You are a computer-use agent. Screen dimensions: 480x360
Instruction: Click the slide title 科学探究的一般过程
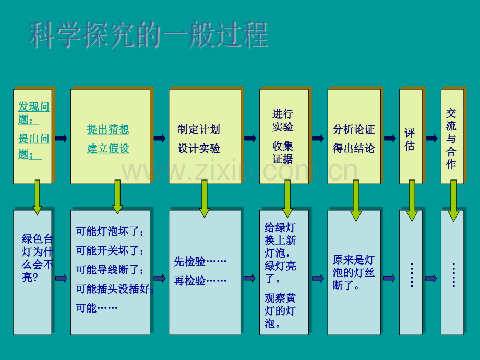tap(149, 34)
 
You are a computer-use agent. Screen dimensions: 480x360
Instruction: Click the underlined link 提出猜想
tap(108, 129)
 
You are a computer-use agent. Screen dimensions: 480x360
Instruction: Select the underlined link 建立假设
tap(108, 149)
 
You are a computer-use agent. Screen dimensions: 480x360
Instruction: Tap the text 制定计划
tap(199, 129)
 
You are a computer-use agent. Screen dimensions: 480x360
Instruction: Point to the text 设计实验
tap(199, 149)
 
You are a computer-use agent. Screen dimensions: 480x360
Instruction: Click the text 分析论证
tap(354, 129)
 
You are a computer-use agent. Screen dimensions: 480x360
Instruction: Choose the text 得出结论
tap(354, 149)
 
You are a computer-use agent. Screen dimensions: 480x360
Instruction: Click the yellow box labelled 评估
tap(411, 136)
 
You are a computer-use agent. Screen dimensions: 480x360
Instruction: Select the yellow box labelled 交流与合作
tap(452, 136)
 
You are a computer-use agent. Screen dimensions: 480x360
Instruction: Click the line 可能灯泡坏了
tap(110, 232)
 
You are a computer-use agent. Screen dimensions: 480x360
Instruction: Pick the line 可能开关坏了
tap(110, 250)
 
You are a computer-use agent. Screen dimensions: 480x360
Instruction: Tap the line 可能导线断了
tap(110, 270)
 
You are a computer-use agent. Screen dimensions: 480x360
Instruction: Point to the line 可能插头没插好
tap(115, 289)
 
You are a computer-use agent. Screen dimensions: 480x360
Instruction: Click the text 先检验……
tap(200, 261)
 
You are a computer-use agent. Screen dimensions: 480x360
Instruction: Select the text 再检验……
tap(200, 280)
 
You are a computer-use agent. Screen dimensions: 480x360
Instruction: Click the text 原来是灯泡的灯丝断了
tap(354, 272)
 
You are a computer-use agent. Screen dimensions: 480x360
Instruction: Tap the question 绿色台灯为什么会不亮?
tap(38, 258)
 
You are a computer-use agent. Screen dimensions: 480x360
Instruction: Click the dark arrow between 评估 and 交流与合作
tap(431, 138)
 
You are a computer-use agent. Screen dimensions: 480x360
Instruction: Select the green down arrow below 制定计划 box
tap(205, 199)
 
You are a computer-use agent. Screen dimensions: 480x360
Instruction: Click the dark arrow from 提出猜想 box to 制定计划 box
tap(160, 138)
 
